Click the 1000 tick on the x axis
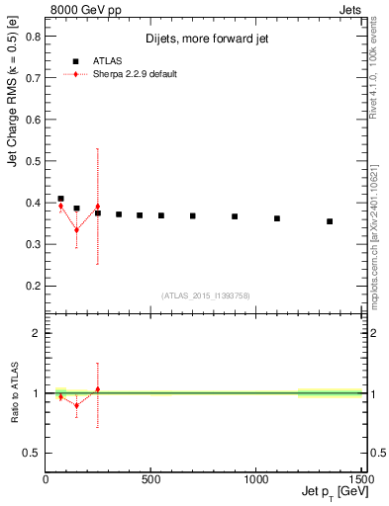click(x=256, y=479)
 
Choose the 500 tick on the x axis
click(x=150, y=479)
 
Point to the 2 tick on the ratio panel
click(x=37, y=333)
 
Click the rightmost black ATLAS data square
click(x=330, y=221)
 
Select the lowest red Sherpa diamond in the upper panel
click(x=77, y=230)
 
